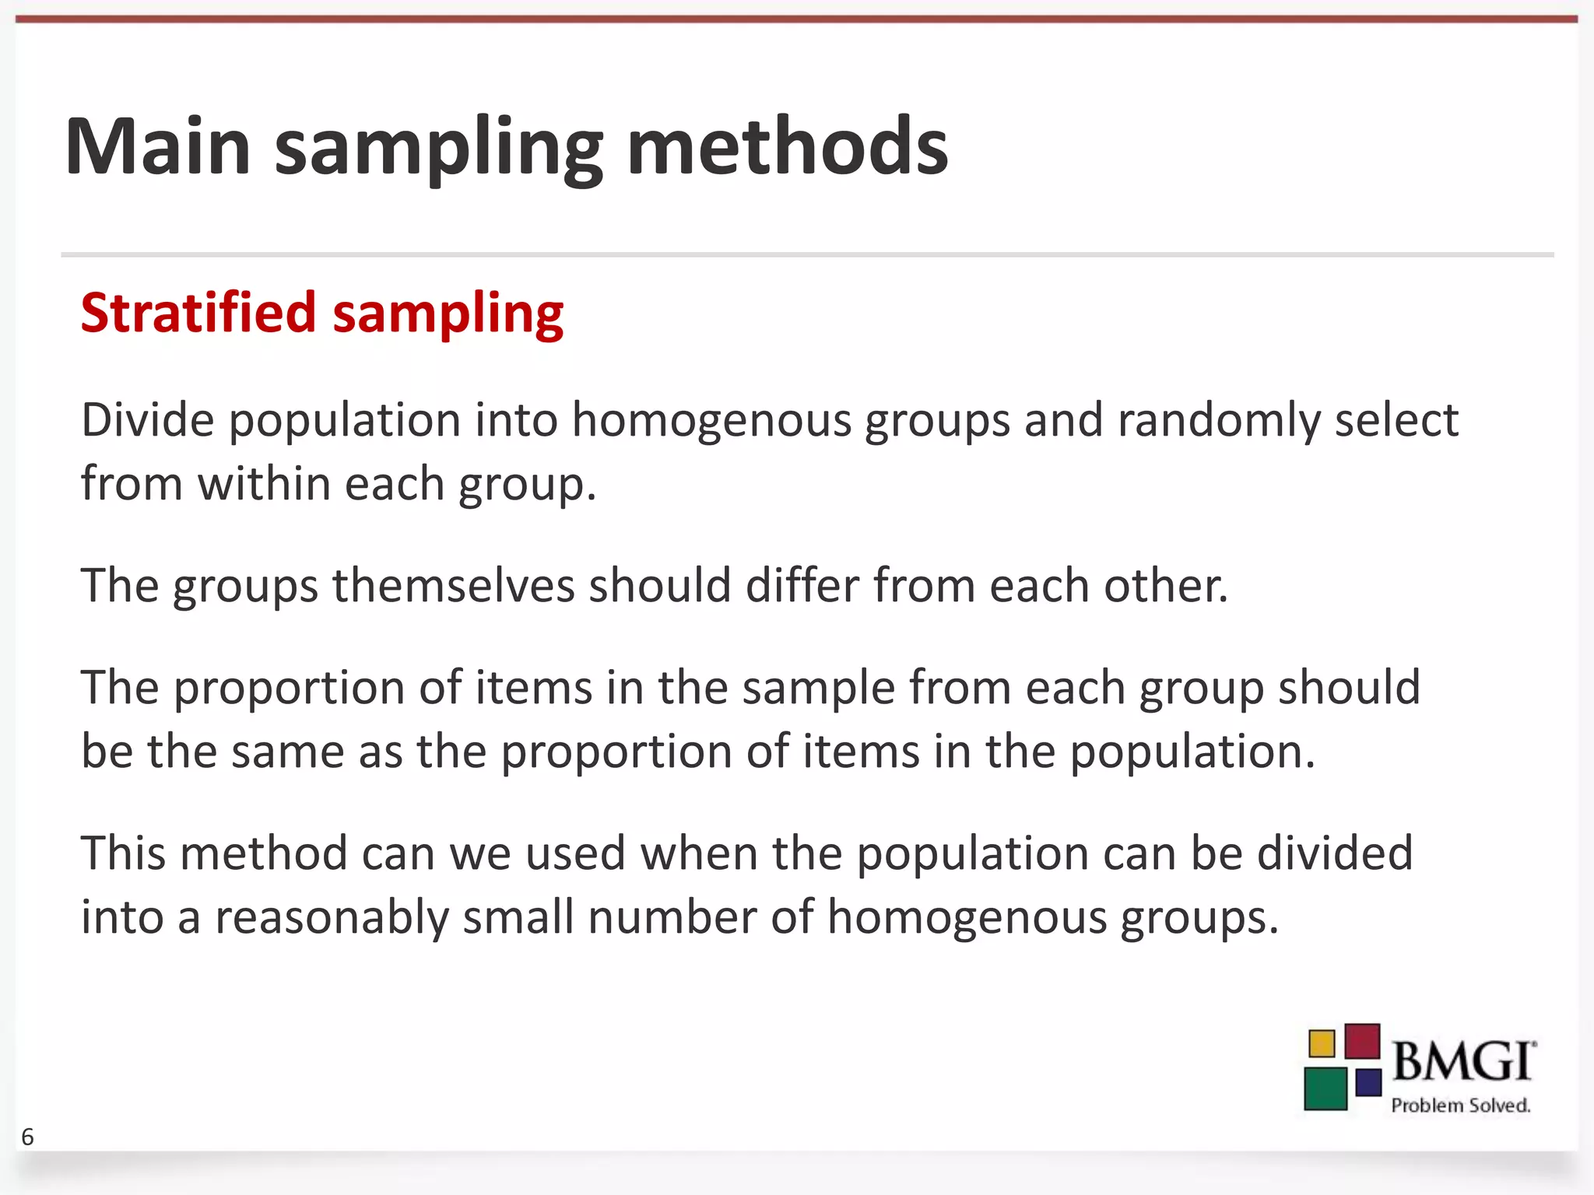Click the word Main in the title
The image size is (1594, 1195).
tap(158, 146)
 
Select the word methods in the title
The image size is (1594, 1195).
tap(787, 146)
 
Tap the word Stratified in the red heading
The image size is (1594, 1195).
tap(198, 313)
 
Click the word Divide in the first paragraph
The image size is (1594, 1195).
tap(147, 420)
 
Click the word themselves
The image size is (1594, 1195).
tap(452, 585)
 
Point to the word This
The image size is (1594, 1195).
tap(124, 853)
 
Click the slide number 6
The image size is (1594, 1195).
tap(28, 1137)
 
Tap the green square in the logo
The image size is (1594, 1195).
tap(1325, 1088)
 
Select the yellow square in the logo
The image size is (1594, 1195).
tap(1322, 1043)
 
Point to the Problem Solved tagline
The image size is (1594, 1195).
tap(1460, 1106)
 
